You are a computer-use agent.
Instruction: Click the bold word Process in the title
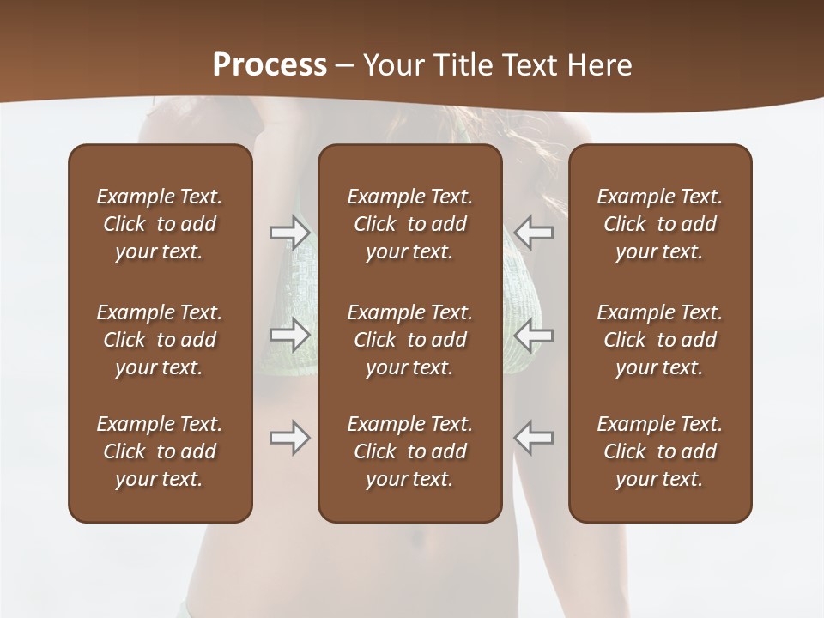[x=270, y=65]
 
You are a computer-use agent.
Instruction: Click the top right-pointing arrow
[x=289, y=232]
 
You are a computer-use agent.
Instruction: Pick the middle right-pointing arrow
[x=289, y=335]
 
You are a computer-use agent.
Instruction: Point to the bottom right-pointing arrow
[x=289, y=438]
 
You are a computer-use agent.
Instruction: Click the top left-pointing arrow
[x=533, y=232]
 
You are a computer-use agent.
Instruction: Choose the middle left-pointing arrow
[x=533, y=335]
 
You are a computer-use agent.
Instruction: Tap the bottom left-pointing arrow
[x=533, y=438]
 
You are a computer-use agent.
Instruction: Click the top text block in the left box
[x=160, y=224]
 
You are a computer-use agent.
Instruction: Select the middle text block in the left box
[x=160, y=340]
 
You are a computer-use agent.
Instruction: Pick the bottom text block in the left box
[x=160, y=451]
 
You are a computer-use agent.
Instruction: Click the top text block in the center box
[x=409, y=224]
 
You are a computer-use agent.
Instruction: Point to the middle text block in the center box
[x=409, y=340]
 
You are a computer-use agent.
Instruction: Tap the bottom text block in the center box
[x=409, y=451]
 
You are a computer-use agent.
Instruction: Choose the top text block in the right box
[x=659, y=224]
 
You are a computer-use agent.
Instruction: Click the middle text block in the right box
[x=659, y=340]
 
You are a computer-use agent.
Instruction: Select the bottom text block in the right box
[x=659, y=451]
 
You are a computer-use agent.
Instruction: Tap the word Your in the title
[x=391, y=65]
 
